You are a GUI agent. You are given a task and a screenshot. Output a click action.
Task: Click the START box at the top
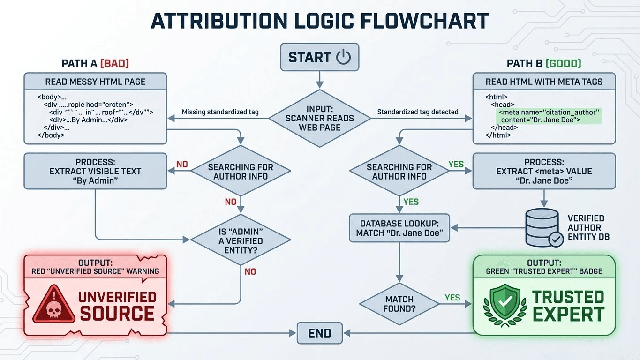(319, 57)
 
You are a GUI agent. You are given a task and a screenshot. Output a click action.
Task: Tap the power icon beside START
(343, 57)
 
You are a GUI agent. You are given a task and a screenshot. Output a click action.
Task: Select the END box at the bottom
(320, 333)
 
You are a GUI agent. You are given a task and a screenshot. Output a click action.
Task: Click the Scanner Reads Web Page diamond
(320, 119)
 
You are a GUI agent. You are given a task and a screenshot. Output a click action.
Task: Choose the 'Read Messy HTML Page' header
(95, 82)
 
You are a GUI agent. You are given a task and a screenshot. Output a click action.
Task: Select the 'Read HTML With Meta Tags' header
(544, 82)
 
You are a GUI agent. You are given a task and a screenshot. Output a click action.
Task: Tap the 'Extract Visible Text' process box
(95, 171)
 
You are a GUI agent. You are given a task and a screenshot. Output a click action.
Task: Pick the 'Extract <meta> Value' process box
(544, 171)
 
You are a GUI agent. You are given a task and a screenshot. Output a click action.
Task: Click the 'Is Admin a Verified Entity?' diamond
(241, 240)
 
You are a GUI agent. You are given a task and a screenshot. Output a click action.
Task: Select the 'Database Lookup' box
(399, 228)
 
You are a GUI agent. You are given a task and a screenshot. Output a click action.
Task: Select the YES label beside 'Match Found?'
(452, 298)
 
